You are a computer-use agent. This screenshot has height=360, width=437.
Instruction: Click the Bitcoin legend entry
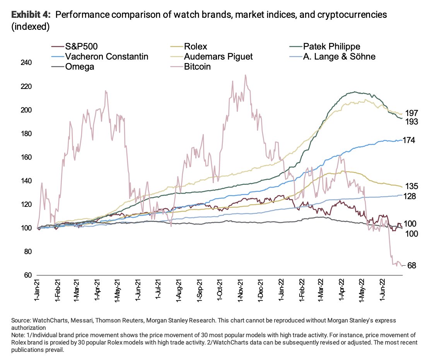point(197,67)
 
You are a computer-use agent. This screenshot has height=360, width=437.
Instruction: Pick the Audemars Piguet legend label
point(219,57)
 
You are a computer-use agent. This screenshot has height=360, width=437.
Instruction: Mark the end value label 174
point(410,140)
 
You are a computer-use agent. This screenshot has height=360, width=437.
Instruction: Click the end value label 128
point(410,196)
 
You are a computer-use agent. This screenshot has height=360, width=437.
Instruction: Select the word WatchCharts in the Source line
point(46,321)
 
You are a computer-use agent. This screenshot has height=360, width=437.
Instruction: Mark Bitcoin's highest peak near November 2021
point(245,75)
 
